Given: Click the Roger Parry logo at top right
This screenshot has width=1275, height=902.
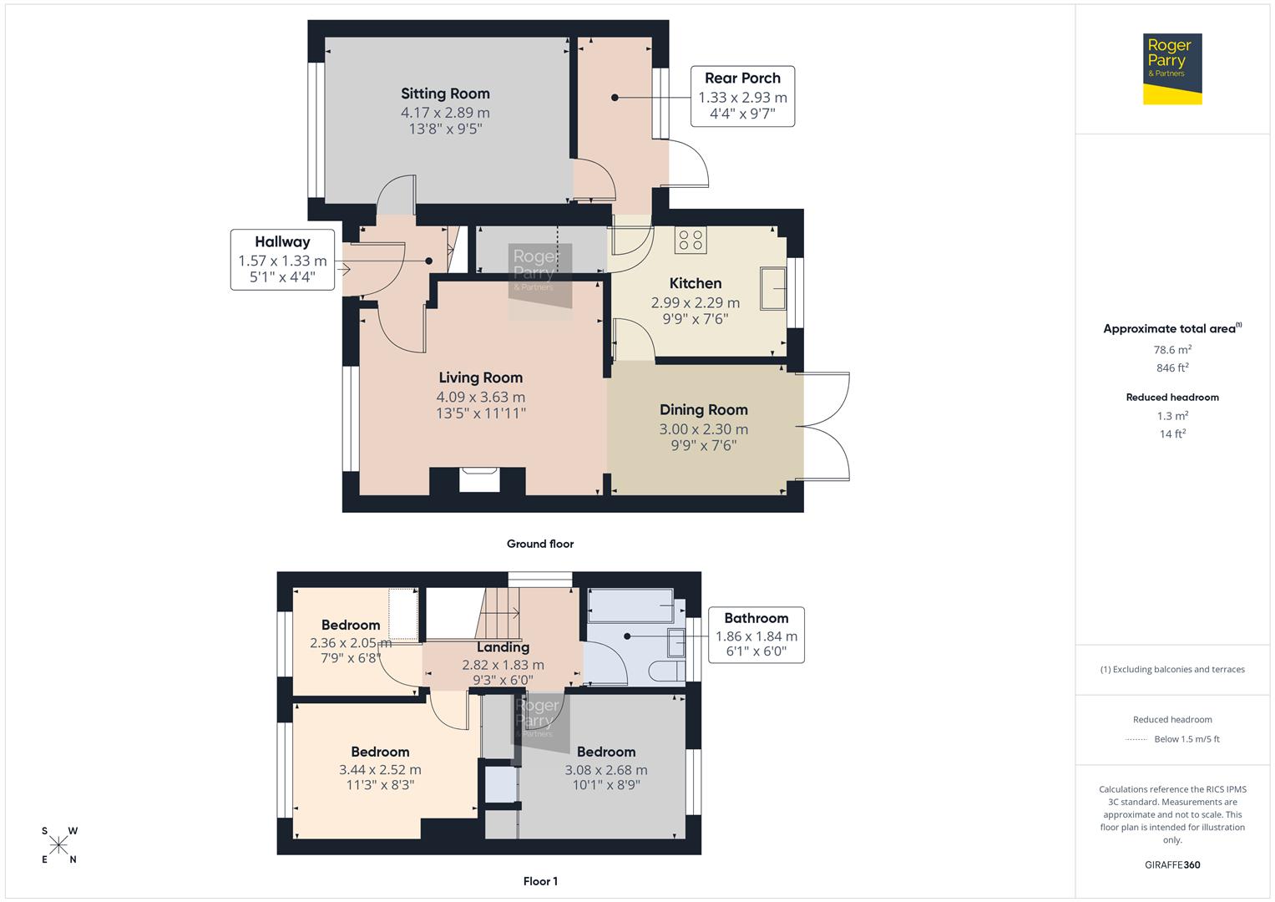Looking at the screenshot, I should point(1171,68).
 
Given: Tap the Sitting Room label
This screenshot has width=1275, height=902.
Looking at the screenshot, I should point(445,94).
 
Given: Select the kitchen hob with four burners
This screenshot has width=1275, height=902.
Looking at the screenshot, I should point(691,241).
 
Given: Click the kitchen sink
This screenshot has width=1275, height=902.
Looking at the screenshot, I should point(772,289).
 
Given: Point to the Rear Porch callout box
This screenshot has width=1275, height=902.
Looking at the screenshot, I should point(742,97).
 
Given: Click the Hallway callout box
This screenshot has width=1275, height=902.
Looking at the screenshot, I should point(282,260).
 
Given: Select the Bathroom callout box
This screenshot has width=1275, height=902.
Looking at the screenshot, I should point(756,635).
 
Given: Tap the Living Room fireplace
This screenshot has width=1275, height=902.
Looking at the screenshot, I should point(479,481).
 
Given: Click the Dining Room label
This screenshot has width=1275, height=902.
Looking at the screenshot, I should point(703,409).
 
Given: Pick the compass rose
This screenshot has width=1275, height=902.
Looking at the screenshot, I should point(58,845).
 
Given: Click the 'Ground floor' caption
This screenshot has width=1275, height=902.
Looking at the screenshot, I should point(540,544).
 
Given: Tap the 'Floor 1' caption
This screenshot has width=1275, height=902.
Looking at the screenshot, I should point(540,881).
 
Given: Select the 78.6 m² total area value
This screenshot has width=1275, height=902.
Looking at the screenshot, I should point(1172,350).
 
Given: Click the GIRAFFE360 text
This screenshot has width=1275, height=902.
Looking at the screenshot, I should point(1172,864).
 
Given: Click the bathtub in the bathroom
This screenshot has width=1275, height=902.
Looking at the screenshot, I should point(630,606).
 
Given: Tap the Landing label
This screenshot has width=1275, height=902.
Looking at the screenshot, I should point(503,647).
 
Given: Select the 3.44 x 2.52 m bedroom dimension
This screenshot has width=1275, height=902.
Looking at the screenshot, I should point(380,770).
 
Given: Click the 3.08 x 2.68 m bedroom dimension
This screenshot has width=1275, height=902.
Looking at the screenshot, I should point(605,770).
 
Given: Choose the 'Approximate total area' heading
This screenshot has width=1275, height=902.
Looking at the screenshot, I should point(1171,329).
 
